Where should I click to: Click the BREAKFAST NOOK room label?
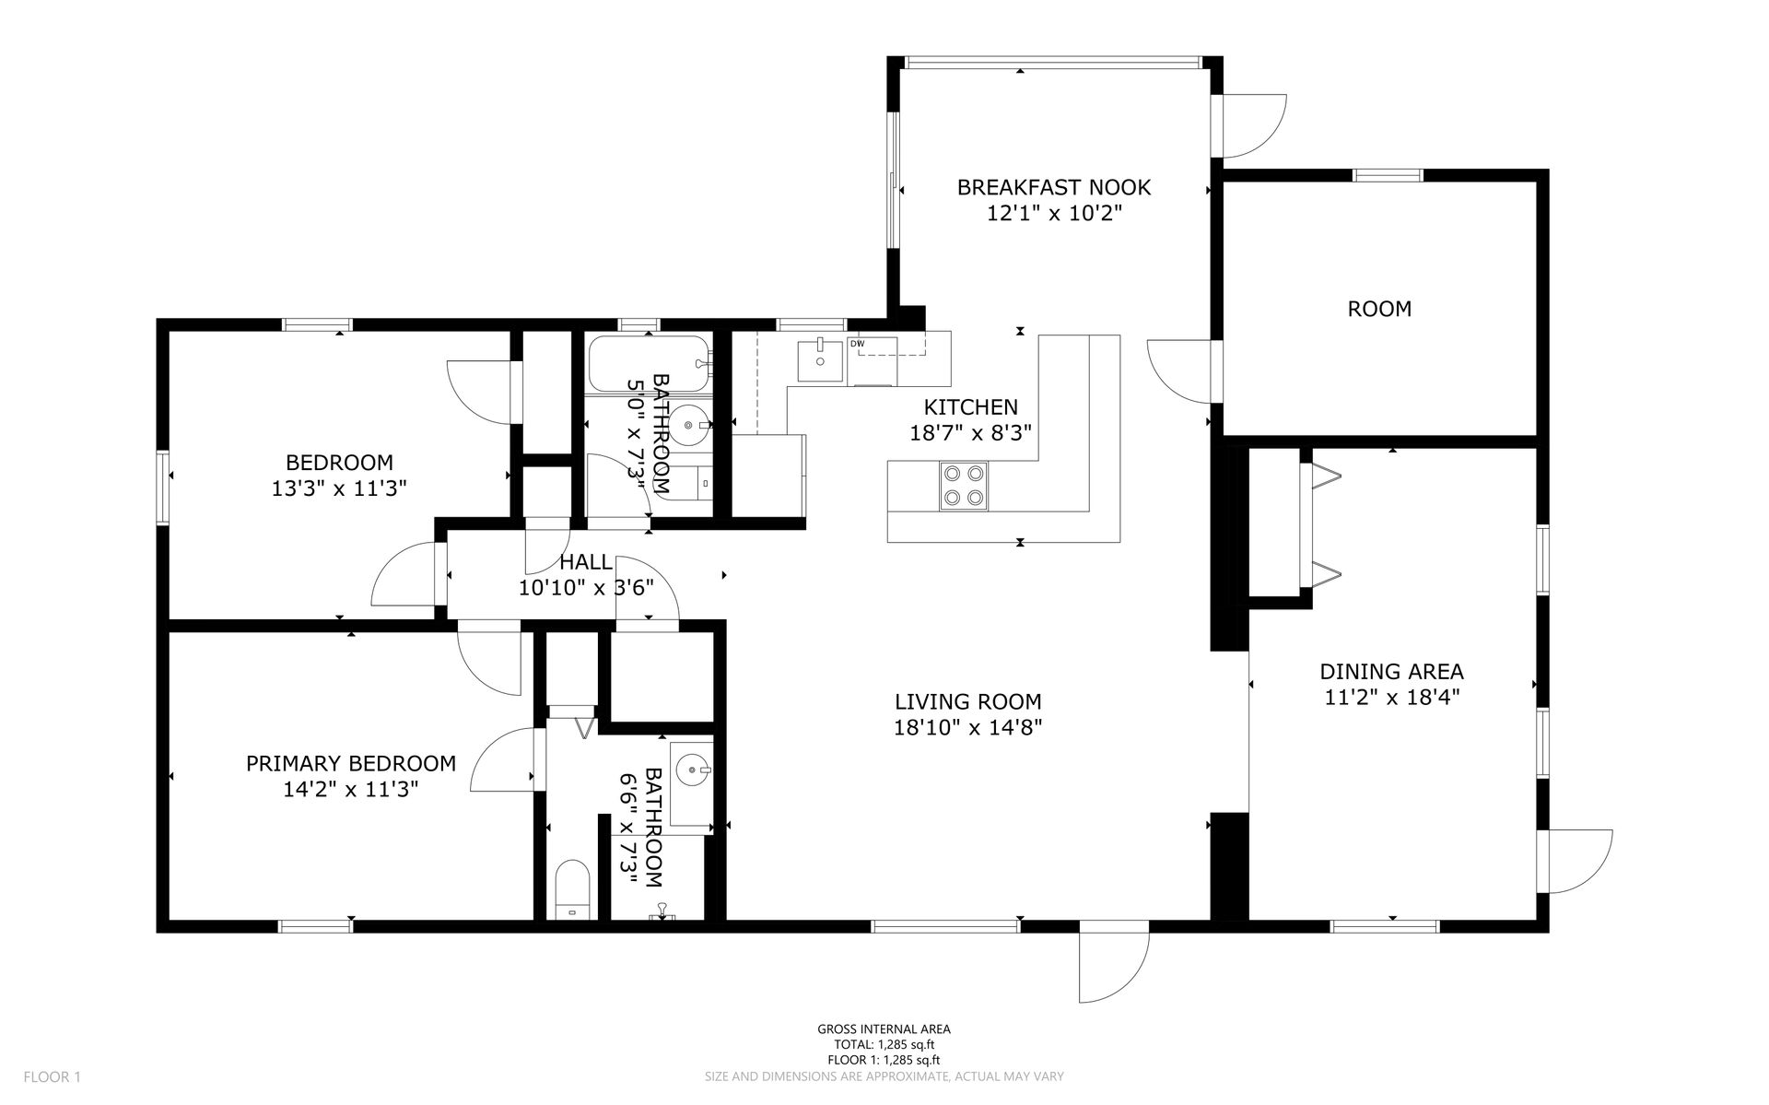click(x=1054, y=187)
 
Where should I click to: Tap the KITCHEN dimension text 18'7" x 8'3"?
click(x=970, y=432)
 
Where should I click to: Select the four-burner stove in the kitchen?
click(x=963, y=486)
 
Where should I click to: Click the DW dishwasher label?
click(x=858, y=344)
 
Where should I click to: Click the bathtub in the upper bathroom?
click(x=650, y=364)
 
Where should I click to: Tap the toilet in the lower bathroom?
click(x=573, y=891)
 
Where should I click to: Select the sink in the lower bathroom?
click(x=691, y=767)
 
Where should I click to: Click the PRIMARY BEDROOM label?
click(x=351, y=763)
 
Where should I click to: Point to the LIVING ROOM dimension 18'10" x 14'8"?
click(x=968, y=727)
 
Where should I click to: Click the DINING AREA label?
click(x=1391, y=672)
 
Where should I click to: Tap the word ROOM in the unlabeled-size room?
click(x=1379, y=309)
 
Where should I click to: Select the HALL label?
click(x=585, y=562)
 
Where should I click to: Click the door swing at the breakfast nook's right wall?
click(x=1253, y=126)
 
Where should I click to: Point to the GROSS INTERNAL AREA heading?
click(x=884, y=1029)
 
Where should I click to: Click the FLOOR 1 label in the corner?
click(x=53, y=1076)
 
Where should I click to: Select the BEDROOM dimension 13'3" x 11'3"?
click(x=339, y=488)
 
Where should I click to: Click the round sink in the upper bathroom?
click(x=689, y=426)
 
